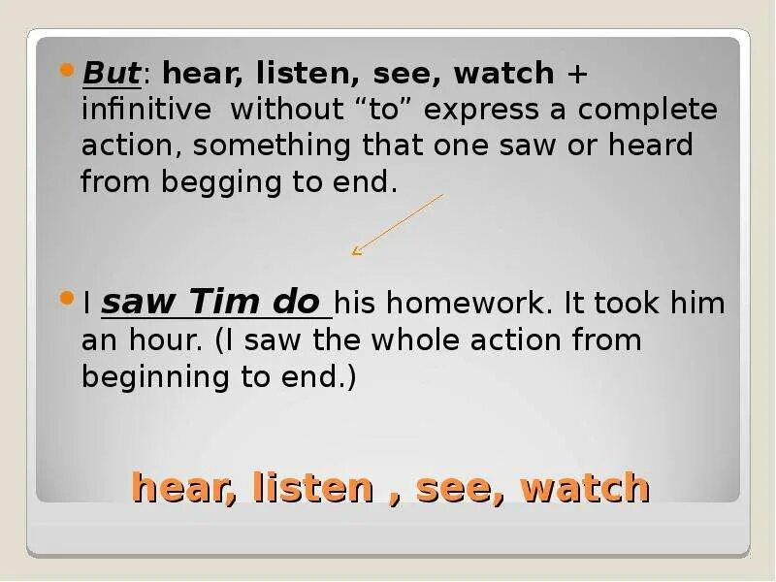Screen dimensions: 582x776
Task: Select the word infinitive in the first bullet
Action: click(145, 109)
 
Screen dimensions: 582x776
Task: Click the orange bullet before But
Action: click(67, 70)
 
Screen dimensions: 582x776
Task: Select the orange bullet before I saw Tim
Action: click(67, 299)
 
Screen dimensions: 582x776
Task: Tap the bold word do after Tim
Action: click(296, 303)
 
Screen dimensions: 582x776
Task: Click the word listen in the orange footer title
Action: click(313, 487)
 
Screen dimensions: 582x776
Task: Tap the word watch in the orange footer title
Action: click(584, 487)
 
